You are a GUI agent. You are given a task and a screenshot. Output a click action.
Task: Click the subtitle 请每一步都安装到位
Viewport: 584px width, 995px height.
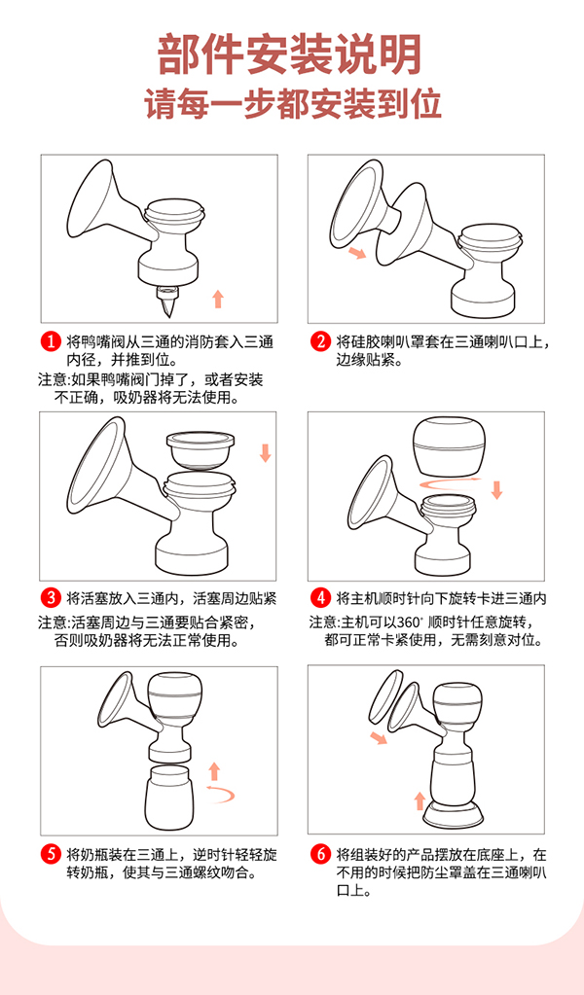pyautogui.click(x=291, y=103)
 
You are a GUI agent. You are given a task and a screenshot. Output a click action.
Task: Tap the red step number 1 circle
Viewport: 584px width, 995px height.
pyautogui.click(x=50, y=341)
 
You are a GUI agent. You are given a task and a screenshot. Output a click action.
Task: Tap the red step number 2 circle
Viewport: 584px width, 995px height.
pyautogui.click(x=320, y=341)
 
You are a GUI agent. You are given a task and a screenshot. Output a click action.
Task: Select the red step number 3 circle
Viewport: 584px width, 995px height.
pyautogui.click(x=50, y=597)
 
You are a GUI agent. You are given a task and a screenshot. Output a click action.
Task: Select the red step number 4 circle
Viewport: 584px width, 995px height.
pyautogui.click(x=320, y=597)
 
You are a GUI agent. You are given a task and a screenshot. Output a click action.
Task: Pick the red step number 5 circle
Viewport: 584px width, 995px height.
pyautogui.click(x=50, y=855)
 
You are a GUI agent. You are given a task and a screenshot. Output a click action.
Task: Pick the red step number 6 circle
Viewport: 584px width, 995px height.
pyautogui.click(x=320, y=855)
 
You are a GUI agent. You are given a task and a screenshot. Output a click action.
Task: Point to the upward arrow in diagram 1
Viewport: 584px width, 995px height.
pyautogui.click(x=218, y=298)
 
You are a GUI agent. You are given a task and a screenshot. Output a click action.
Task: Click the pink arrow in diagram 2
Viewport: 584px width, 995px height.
pyautogui.click(x=359, y=254)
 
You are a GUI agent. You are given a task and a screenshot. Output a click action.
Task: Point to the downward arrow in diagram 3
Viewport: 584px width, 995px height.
pyautogui.click(x=265, y=452)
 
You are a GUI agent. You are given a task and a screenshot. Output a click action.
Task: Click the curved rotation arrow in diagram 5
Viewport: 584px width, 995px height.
pyautogui.click(x=219, y=795)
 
